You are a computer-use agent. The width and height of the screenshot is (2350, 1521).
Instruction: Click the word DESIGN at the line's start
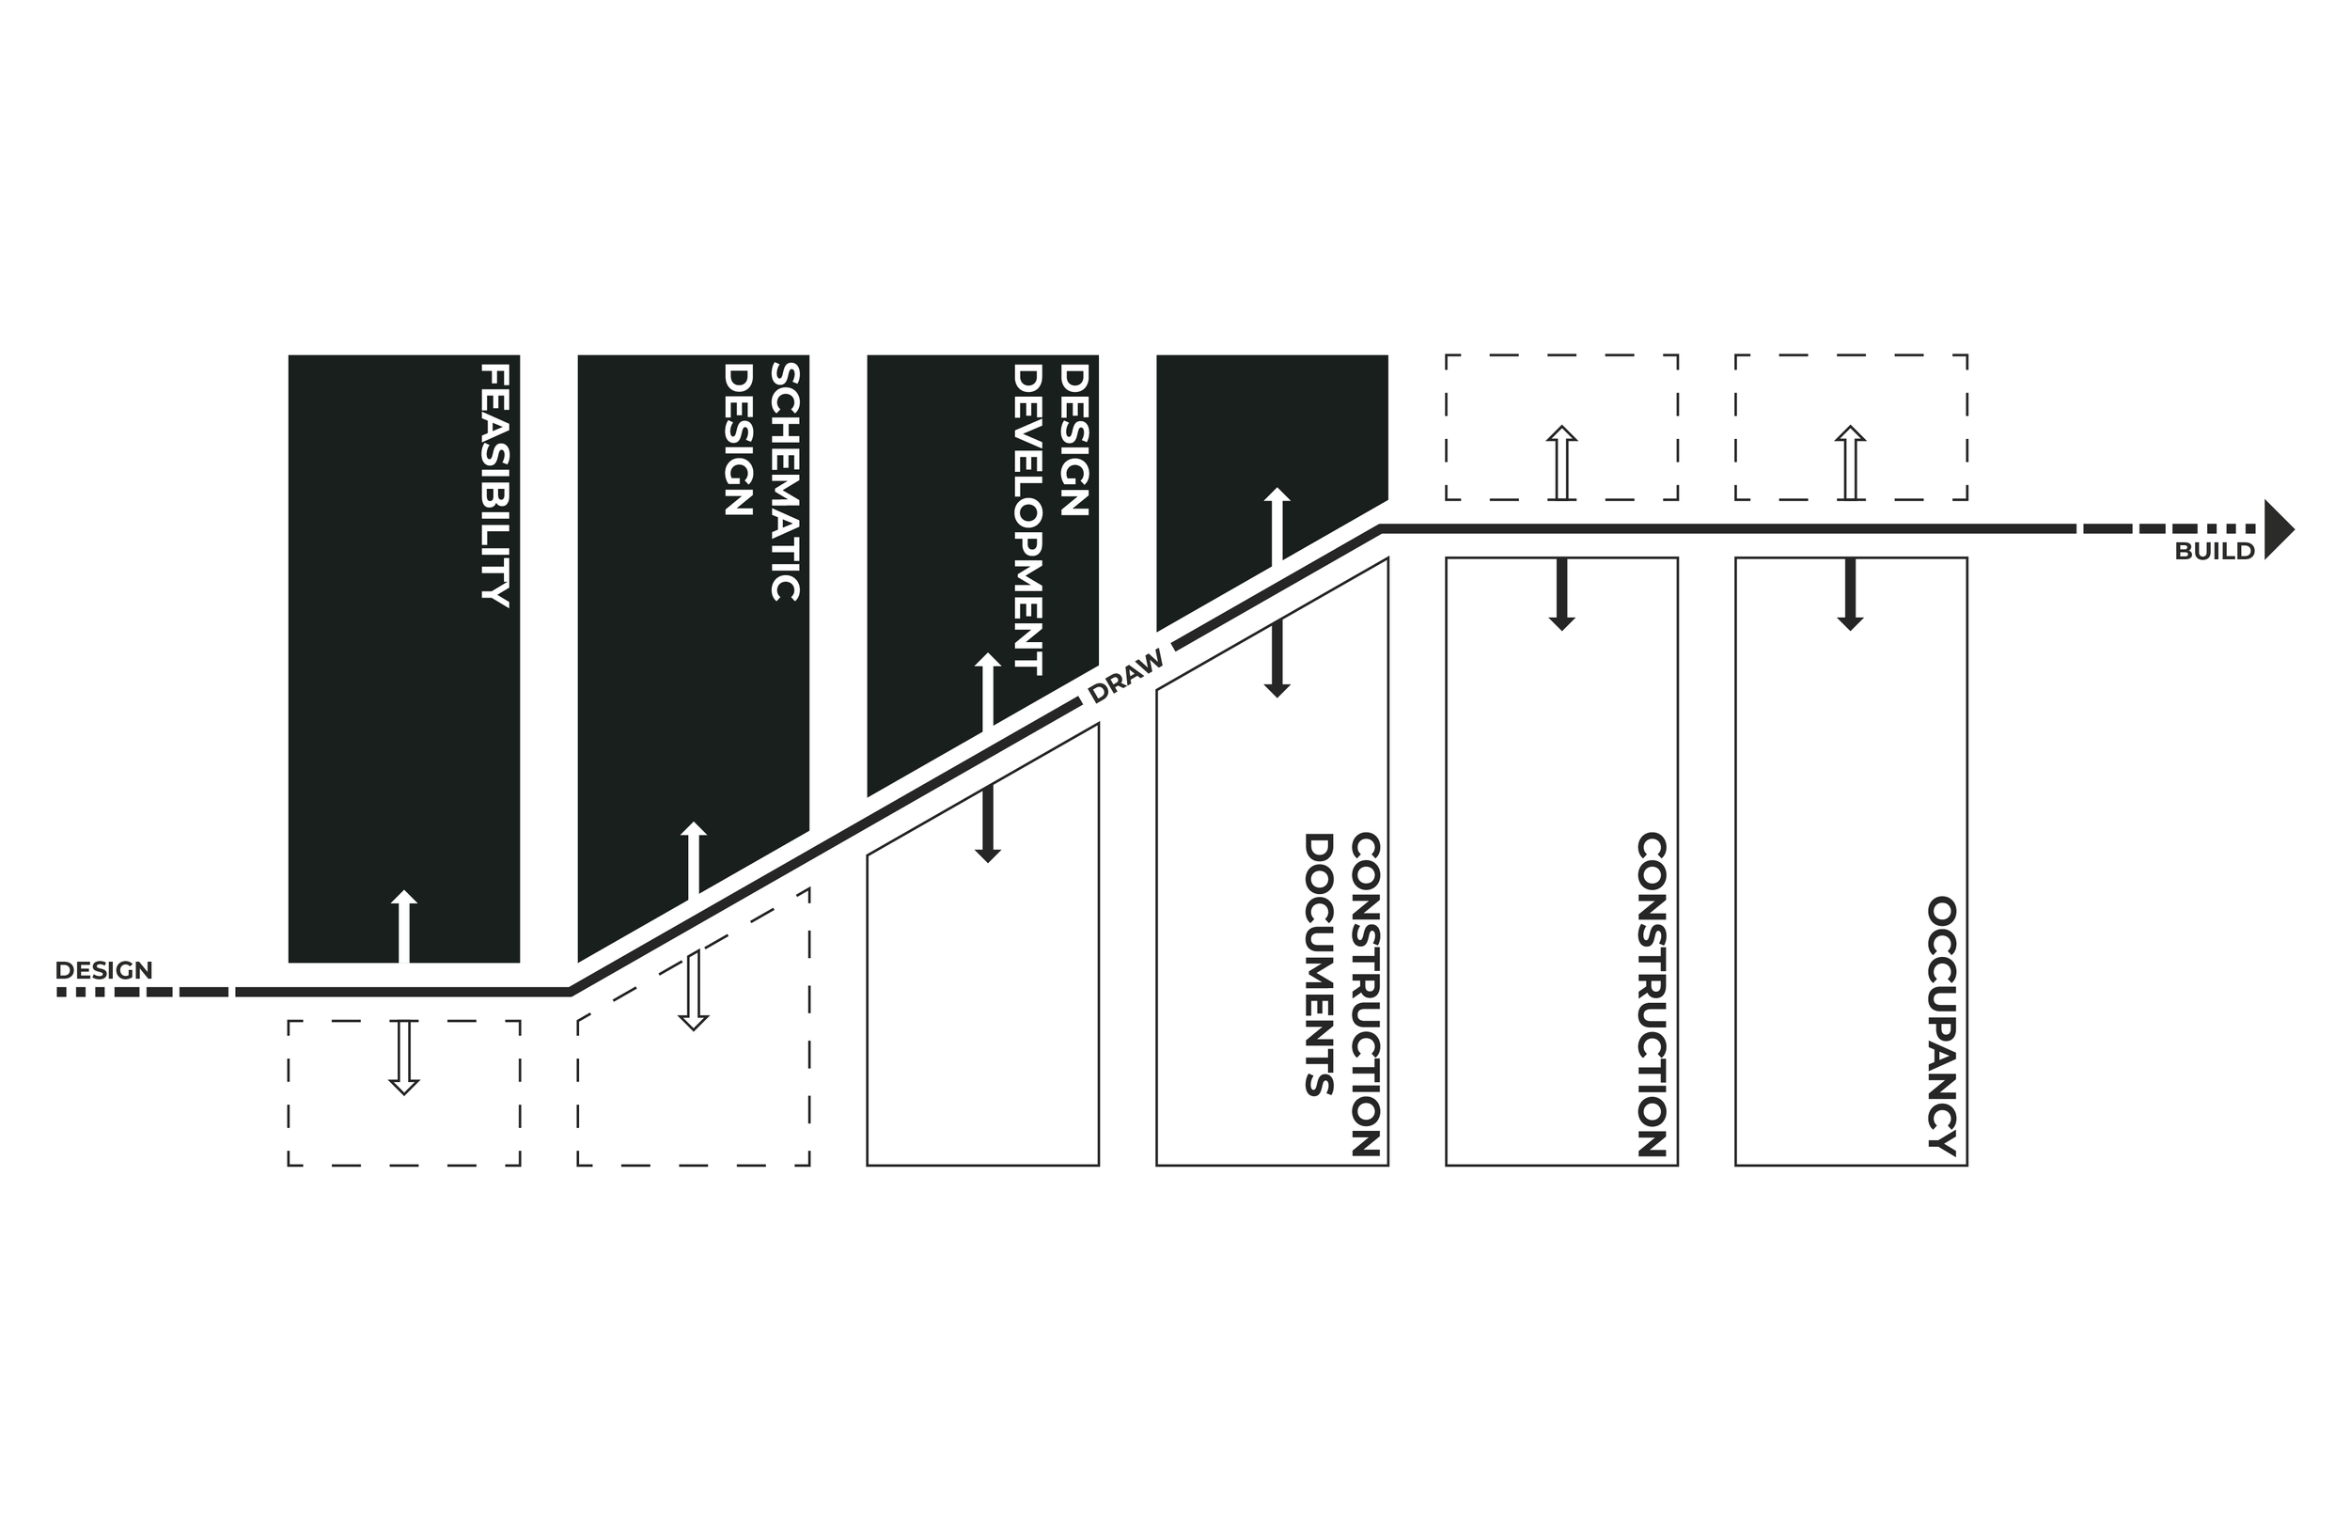(103, 970)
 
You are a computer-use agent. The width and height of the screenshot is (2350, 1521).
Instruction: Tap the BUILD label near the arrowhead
(2215, 552)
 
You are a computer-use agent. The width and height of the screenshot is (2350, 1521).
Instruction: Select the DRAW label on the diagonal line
(1125, 677)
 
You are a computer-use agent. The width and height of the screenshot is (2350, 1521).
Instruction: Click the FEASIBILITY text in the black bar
(494, 485)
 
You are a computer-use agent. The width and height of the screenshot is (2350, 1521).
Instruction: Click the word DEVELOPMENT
(1027, 520)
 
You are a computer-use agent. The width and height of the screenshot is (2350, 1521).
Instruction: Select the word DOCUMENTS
(1319, 964)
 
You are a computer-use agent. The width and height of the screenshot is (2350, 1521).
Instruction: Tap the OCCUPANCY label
(1942, 1026)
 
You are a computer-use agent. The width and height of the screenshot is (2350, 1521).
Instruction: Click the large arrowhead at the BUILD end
(2278, 530)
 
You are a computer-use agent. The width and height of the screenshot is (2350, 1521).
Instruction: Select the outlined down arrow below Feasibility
(404, 1057)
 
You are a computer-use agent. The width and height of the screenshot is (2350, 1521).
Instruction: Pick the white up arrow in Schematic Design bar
(693, 859)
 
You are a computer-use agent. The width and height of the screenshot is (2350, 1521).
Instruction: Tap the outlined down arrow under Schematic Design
(693, 990)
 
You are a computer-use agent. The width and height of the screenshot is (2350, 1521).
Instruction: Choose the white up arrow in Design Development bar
(987, 691)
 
